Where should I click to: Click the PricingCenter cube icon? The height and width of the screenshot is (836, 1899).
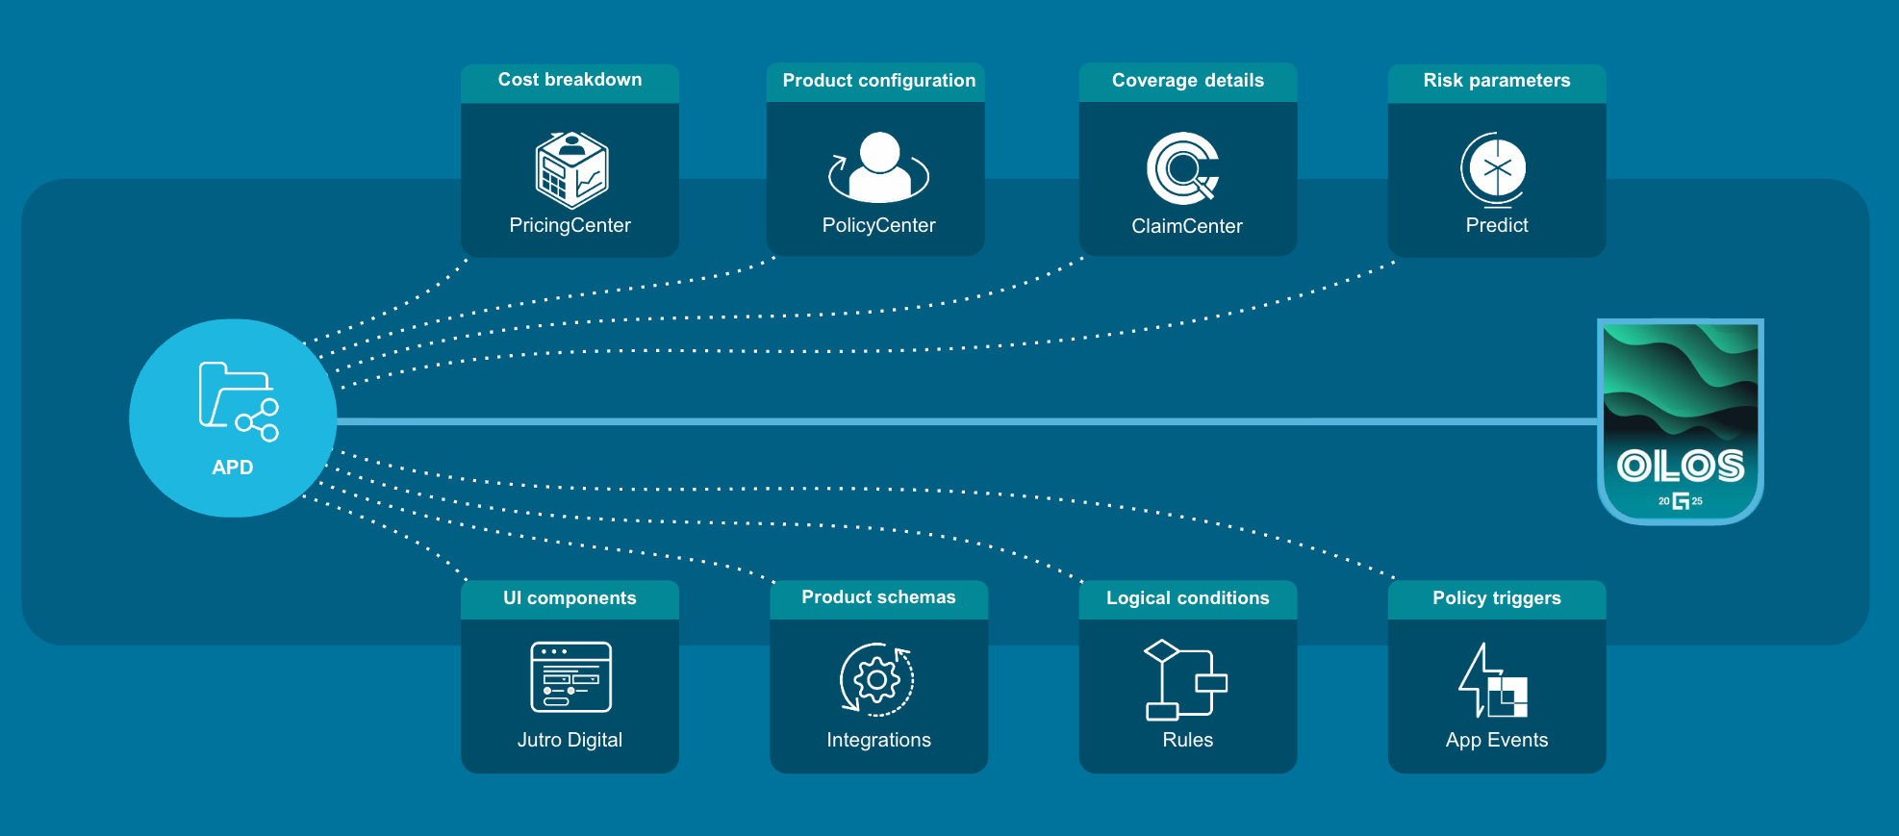(571, 170)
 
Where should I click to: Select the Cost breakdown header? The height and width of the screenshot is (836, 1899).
(570, 81)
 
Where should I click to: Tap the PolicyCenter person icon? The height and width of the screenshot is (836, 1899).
(878, 167)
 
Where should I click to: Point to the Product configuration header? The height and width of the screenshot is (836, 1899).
(878, 81)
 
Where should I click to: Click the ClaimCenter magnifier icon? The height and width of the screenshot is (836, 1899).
(1183, 168)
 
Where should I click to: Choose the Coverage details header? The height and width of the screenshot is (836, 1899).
(1188, 81)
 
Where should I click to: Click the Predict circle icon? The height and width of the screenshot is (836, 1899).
(1494, 169)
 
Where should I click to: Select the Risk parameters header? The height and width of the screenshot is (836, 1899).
(1497, 81)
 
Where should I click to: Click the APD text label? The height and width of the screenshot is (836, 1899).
(233, 468)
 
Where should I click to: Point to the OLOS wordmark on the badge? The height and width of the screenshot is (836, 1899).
(1680, 467)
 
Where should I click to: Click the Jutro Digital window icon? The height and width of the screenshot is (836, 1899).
(570, 676)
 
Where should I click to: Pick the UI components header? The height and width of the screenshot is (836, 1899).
(570, 598)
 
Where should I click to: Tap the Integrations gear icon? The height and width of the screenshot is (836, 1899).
(877, 680)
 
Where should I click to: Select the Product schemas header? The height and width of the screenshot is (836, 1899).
(878, 597)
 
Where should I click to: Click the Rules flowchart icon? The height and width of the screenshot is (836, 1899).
(1185, 679)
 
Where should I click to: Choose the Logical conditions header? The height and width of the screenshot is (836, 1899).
(1188, 598)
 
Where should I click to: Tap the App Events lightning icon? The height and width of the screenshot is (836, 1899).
(1492, 681)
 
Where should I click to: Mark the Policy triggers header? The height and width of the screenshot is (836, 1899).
(1497, 598)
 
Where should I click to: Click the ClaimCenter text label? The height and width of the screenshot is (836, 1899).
(1187, 226)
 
